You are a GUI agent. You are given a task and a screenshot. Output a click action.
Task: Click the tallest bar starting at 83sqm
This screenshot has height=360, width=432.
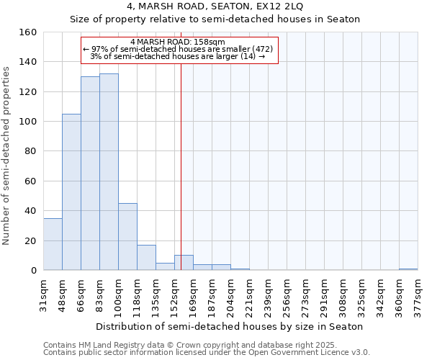109,172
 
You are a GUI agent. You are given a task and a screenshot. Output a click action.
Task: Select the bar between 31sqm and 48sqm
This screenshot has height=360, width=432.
53,244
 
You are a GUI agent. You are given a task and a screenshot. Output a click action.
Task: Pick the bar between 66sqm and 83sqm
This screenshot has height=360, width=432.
90,174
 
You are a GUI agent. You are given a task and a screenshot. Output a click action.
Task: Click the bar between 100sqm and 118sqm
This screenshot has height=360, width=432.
127,237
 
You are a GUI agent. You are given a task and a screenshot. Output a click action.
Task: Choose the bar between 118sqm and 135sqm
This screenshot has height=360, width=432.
146,258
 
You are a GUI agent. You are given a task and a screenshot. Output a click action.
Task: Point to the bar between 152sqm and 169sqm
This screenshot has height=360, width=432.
184,263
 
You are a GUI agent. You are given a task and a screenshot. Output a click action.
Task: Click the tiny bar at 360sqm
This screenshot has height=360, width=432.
408,269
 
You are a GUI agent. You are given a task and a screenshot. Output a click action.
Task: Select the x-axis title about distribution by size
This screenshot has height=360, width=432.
230,326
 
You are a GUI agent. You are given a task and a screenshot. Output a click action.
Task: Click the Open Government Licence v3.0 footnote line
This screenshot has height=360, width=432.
206,352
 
